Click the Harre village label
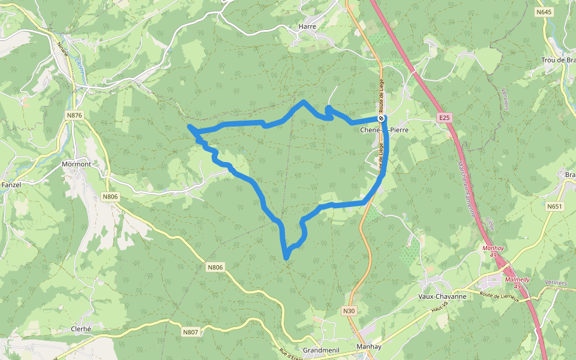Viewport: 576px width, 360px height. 307,26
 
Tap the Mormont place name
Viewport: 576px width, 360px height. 76,164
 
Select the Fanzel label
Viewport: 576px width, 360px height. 11,185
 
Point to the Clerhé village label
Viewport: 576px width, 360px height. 81,329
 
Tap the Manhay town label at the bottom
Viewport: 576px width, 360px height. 368,347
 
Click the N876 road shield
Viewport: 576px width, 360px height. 74,115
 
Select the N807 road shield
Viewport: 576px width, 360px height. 190,331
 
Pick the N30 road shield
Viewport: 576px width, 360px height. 350,311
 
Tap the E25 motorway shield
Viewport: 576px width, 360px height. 444,118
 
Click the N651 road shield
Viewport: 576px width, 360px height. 555,206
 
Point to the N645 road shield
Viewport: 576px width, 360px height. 544,12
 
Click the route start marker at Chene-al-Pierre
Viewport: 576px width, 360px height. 381,118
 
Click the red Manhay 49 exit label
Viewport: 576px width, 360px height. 493,251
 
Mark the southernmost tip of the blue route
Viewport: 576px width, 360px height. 286,259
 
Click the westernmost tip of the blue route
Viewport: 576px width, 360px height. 190,126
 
